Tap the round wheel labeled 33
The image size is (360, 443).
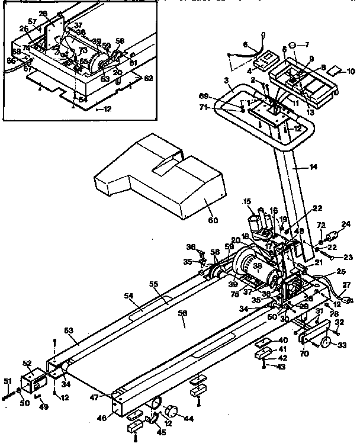(324, 344)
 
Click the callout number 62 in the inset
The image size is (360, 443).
(149, 78)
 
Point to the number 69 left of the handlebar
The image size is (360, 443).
(220, 95)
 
